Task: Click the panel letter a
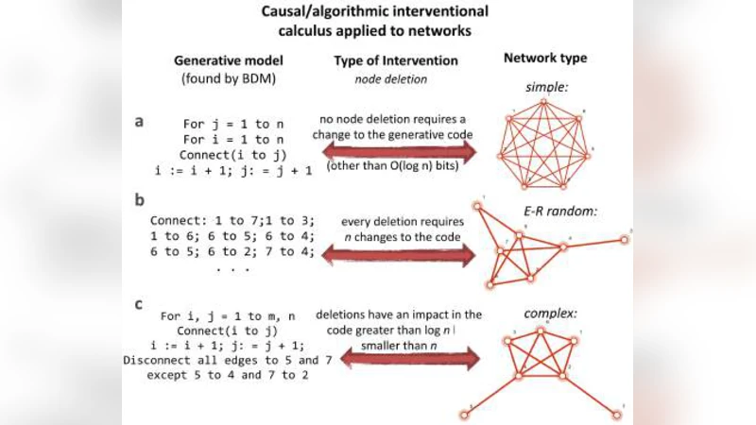[140, 123]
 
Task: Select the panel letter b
[140, 201]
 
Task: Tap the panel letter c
[140, 304]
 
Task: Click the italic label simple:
[546, 88]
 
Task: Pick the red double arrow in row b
[396, 253]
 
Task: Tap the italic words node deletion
[390, 79]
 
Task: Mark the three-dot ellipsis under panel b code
[232, 269]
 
